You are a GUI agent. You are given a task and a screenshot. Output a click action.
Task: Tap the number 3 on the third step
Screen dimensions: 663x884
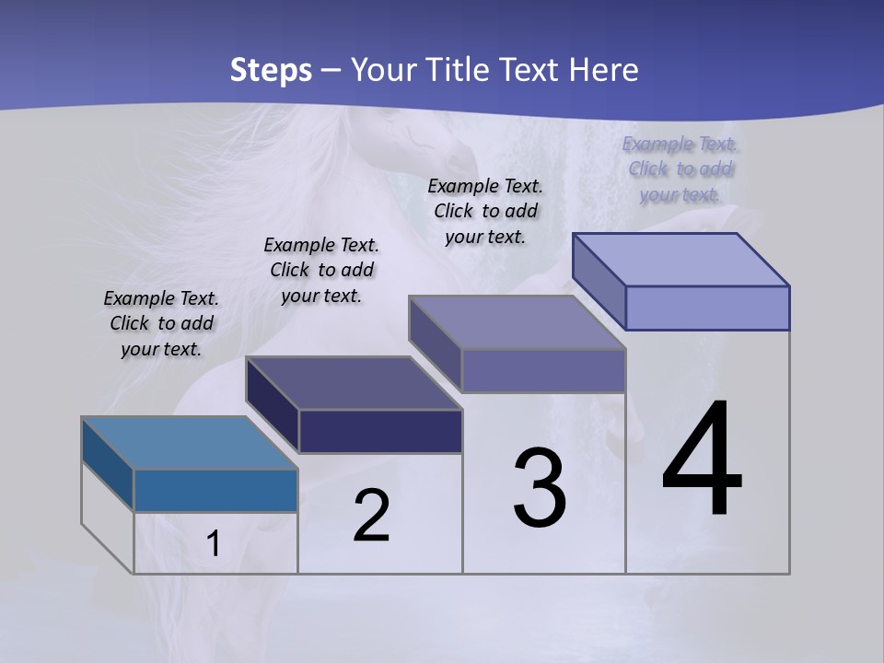click(x=540, y=488)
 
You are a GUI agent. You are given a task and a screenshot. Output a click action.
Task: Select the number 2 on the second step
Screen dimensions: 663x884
click(x=371, y=516)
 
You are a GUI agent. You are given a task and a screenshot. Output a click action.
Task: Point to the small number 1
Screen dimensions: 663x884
click(x=214, y=544)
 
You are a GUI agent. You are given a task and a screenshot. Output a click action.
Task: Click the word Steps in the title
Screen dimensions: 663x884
click(x=271, y=70)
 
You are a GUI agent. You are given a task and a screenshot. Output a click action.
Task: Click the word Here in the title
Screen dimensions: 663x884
click(x=604, y=70)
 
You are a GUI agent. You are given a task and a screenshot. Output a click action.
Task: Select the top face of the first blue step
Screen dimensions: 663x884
click(x=189, y=443)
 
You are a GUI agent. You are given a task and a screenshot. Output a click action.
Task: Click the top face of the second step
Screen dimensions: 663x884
click(x=354, y=383)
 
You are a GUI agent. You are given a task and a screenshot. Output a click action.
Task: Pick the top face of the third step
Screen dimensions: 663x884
click(x=518, y=322)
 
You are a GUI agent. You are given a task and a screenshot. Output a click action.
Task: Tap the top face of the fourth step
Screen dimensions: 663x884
click(x=681, y=260)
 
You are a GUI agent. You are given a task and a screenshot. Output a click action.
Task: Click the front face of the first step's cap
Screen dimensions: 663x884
click(x=215, y=490)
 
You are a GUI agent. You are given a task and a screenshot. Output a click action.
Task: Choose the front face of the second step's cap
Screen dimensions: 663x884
click(x=380, y=431)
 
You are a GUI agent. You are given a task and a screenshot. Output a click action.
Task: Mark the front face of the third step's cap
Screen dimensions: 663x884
click(x=543, y=370)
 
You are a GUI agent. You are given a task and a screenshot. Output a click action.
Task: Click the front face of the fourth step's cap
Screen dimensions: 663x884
click(x=707, y=308)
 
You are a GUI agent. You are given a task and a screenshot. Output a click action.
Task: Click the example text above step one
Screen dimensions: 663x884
click(x=161, y=323)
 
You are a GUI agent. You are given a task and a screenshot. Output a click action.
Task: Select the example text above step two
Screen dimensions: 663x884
click(x=321, y=270)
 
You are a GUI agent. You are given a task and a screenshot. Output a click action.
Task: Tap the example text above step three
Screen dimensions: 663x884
click(x=485, y=211)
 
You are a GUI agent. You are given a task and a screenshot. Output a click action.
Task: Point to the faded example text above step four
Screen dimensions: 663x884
click(x=680, y=169)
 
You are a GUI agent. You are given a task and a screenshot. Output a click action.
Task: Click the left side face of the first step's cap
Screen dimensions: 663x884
click(x=108, y=463)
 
